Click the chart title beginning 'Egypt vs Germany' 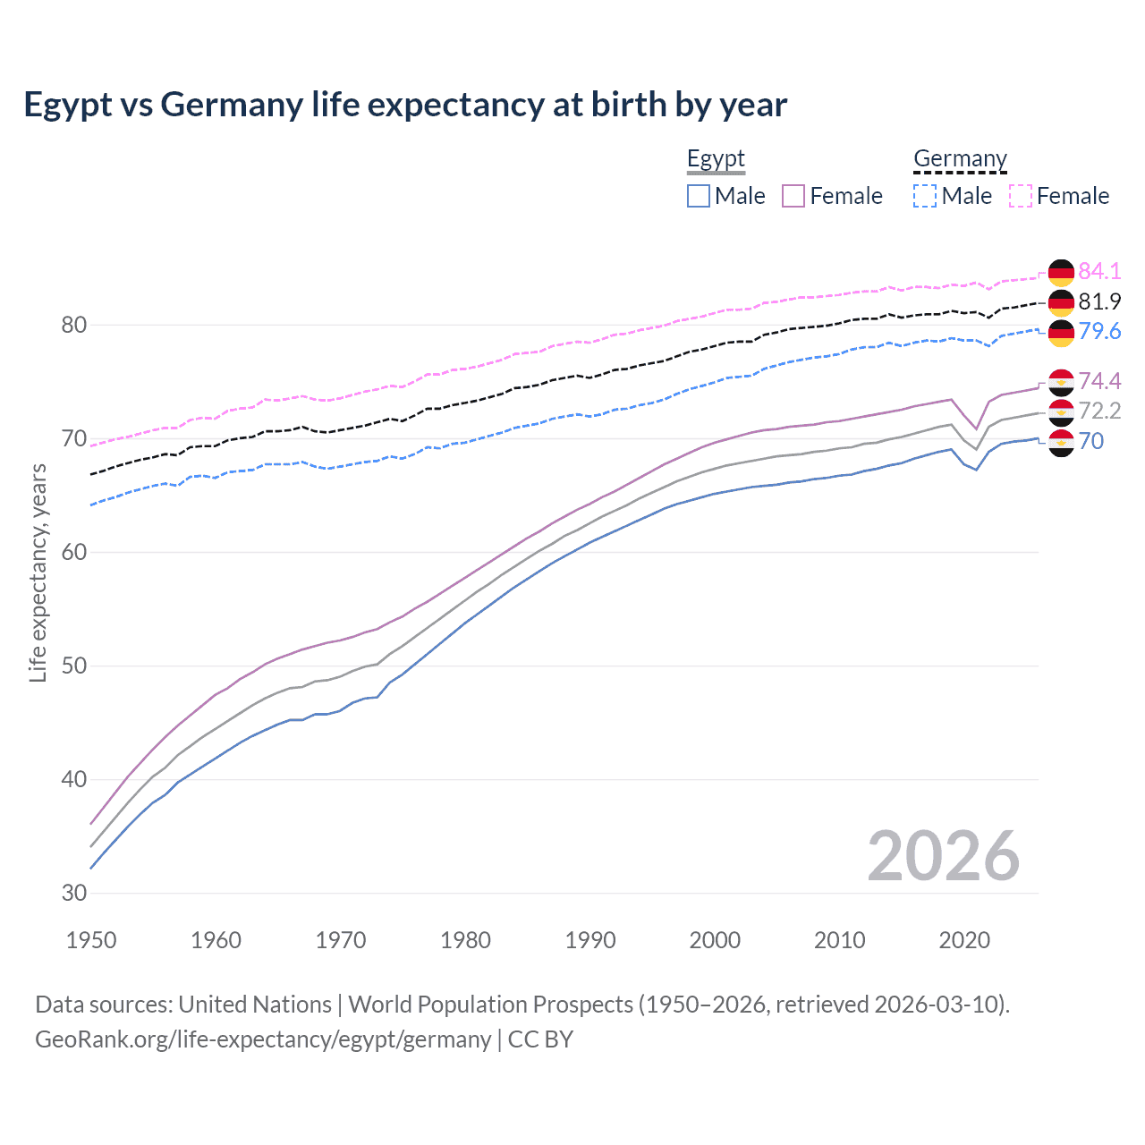pyautogui.click(x=405, y=105)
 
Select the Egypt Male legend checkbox pyautogui.click(x=699, y=196)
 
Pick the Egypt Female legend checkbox pyautogui.click(x=793, y=196)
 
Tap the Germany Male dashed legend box pyautogui.click(x=925, y=196)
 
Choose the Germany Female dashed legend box pyautogui.click(x=1021, y=196)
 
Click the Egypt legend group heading pyautogui.click(x=716, y=159)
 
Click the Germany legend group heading pyautogui.click(x=960, y=159)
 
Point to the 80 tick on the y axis pyautogui.click(x=73, y=325)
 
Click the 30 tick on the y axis pyautogui.click(x=73, y=893)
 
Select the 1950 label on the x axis pyautogui.click(x=91, y=940)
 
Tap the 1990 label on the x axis pyautogui.click(x=590, y=940)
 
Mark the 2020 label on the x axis pyautogui.click(x=964, y=940)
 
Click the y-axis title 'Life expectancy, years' pyautogui.click(x=38, y=572)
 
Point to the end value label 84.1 pyautogui.click(x=1099, y=271)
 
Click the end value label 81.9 pyautogui.click(x=1099, y=301)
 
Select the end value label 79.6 pyautogui.click(x=1099, y=332)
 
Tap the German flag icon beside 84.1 pyautogui.click(x=1061, y=272)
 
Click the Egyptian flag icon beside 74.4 pyautogui.click(x=1061, y=382)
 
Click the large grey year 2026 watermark pyautogui.click(x=943, y=856)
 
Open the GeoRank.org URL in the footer pyautogui.click(x=263, y=1039)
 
